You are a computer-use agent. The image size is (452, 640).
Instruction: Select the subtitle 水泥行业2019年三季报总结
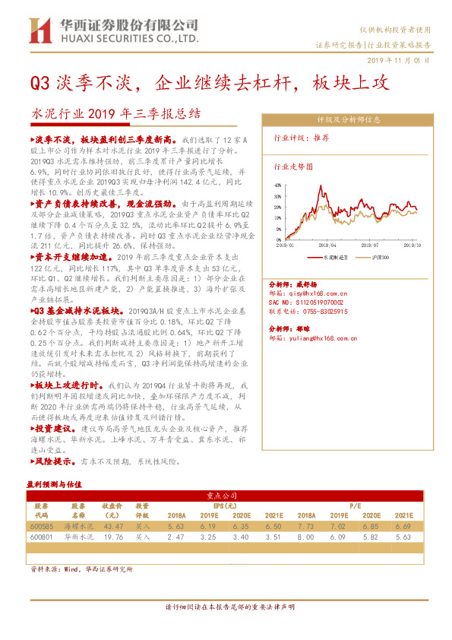[x=115, y=115]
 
